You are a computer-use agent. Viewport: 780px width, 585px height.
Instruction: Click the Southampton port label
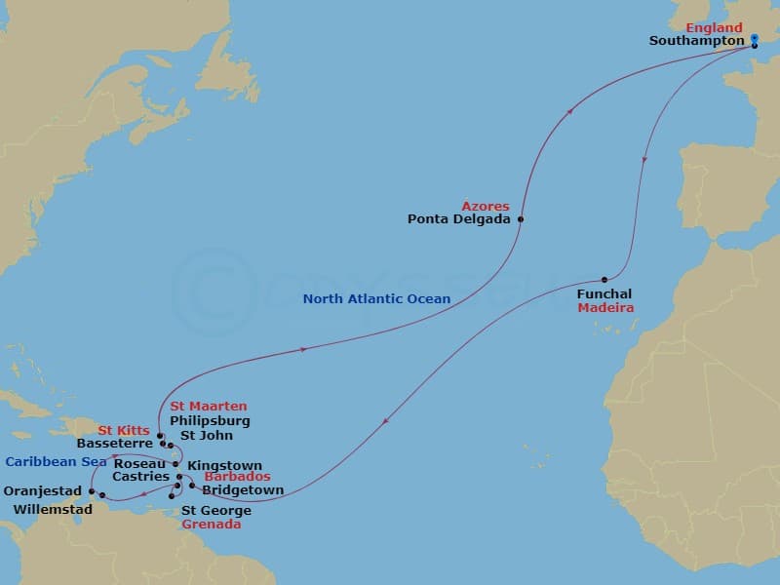click(x=696, y=41)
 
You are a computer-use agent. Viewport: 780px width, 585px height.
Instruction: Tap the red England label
click(x=714, y=27)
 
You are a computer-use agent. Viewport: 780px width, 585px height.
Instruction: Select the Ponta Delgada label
click(x=458, y=219)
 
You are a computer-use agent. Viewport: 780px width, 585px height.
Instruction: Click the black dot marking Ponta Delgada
click(x=521, y=219)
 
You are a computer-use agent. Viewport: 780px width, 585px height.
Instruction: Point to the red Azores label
click(x=486, y=206)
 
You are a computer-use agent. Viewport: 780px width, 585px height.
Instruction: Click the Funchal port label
click(x=604, y=293)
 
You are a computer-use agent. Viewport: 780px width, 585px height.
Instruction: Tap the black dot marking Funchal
click(x=604, y=280)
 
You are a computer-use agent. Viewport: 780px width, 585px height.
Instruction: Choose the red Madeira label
click(x=605, y=307)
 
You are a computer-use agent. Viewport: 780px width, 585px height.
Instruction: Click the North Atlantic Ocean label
click(x=376, y=299)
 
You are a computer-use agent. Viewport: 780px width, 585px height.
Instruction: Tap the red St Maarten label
click(x=209, y=406)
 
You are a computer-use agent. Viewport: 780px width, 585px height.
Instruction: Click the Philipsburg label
click(x=210, y=420)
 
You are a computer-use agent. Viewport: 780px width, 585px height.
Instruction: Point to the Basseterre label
click(x=115, y=443)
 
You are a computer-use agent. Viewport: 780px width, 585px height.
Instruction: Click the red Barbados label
click(x=237, y=477)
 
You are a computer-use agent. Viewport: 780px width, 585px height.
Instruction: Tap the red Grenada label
click(x=212, y=524)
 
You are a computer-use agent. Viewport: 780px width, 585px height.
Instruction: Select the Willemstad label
click(x=55, y=509)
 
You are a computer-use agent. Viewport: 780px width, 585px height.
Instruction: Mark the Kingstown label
click(x=224, y=465)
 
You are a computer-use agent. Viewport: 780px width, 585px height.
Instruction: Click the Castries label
click(x=140, y=477)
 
